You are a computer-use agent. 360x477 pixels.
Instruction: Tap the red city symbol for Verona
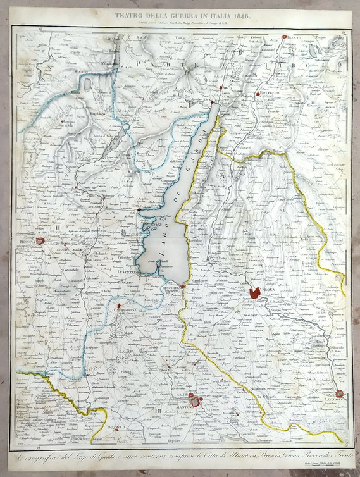255,293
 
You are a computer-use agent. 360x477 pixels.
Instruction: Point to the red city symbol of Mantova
196,402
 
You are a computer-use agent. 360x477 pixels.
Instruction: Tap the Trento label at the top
292,39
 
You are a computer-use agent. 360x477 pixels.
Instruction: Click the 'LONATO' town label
127,279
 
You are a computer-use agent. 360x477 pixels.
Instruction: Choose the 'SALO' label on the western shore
139,206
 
